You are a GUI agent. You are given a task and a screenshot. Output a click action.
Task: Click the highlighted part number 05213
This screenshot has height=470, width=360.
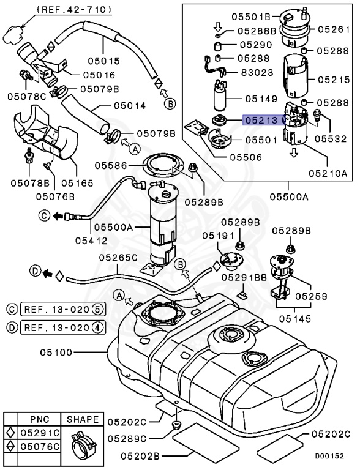pyautogui.click(x=261, y=120)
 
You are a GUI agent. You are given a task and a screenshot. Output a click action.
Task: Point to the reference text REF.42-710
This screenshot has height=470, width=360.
pyautogui.click(x=74, y=9)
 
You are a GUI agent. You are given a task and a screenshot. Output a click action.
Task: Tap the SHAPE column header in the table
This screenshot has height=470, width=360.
pyautogui.click(x=82, y=419)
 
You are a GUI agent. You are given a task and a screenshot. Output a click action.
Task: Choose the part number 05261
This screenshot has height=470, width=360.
pyautogui.click(x=334, y=29)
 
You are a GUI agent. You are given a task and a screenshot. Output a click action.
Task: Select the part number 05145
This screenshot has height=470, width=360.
pyautogui.click(x=296, y=318)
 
